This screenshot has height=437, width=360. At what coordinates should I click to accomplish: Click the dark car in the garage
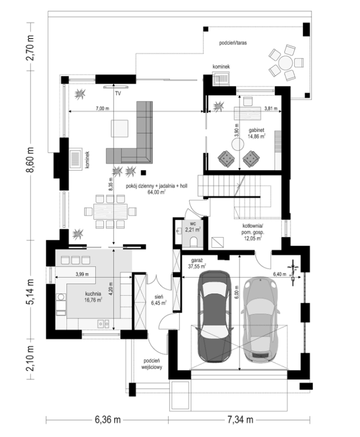coord(214,316)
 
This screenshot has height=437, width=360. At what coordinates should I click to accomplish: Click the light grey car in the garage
coord(260,319)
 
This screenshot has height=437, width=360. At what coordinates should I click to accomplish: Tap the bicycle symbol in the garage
coord(293,272)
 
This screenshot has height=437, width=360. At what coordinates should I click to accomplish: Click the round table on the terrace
coord(286,63)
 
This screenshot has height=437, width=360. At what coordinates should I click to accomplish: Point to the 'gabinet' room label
coord(256,130)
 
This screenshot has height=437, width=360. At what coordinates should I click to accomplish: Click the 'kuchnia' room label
coord(93,294)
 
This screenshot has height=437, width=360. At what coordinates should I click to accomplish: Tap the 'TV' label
coord(118,93)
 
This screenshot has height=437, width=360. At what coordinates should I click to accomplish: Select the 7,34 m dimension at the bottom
coord(240,420)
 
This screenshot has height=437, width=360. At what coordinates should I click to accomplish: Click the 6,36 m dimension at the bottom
coord(108,420)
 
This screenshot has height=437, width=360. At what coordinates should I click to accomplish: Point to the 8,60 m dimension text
coord(30,160)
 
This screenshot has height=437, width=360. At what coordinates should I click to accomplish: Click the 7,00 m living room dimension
coord(102,108)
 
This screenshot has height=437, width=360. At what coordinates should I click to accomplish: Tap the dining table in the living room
coord(110,211)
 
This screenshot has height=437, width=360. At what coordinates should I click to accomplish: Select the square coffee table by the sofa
coord(120,128)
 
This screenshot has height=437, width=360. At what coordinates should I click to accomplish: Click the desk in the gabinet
coord(247,113)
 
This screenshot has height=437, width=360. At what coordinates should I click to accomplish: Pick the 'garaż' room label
coord(197,260)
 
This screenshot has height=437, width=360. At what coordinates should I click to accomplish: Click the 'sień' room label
coord(159,297)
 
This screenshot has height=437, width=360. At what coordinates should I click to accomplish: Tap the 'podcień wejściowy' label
coord(152,364)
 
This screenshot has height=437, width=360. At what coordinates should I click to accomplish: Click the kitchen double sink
coord(103,323)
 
